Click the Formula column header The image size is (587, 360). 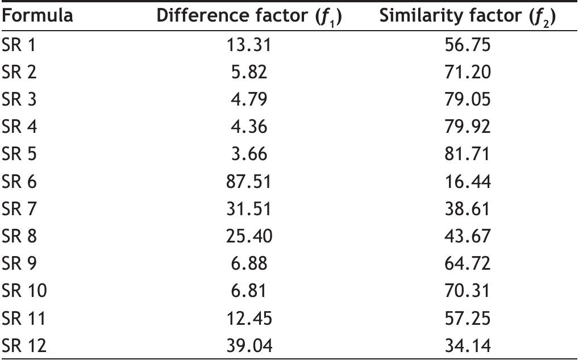tap(38, 16)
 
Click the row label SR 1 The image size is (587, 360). tap(19, 45)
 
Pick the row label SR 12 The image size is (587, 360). tap(24, 346)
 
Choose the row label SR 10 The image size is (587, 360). tap(24, 291)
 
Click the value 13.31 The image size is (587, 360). tap(249, 45)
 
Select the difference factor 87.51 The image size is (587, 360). tap(249, 182)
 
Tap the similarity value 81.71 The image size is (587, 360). tap(467, 154)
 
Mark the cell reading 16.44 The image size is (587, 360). tap(467, 182)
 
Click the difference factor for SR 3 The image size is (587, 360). tap(249, 100)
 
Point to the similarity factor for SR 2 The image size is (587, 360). tap(467, 72)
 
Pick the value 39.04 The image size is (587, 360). tap(249, 346)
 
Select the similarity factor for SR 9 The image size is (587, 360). tap(467, 264)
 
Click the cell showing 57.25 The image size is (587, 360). tap(467, 319)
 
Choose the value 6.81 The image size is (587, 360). tap(249, 291)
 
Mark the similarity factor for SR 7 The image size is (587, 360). tap(467, 209)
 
